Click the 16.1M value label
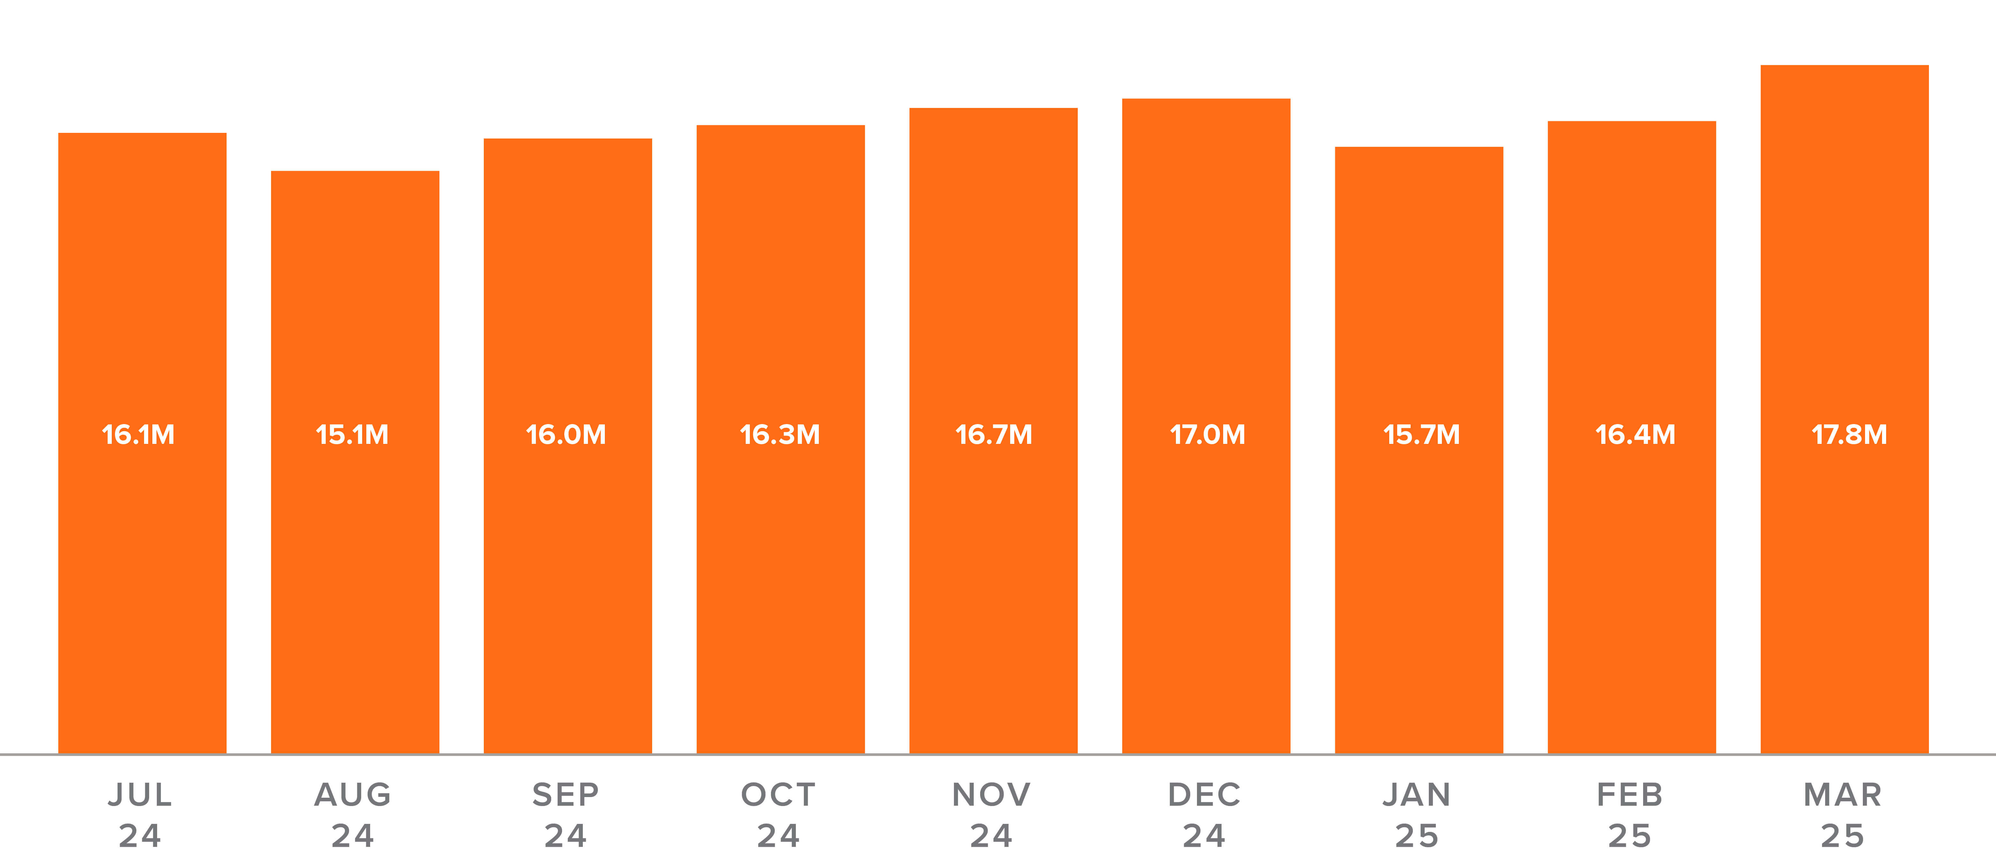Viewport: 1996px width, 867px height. click(x=139, y=435)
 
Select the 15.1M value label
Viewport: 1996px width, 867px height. click(x=353, y=435)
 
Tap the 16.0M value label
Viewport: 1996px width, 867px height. click(x=567, y=435)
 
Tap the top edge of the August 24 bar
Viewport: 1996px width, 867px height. click(x=355, y=172)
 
